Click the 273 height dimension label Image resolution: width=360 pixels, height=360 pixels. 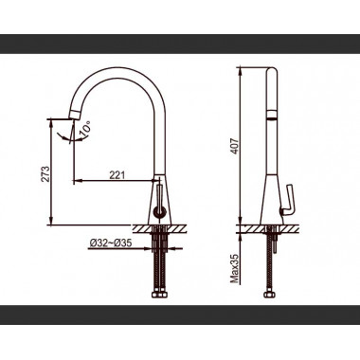[45, 173]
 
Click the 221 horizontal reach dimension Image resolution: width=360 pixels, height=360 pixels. [117, 175]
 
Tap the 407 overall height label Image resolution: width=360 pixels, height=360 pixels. [235, 146]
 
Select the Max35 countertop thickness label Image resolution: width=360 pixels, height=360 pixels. [234, 269]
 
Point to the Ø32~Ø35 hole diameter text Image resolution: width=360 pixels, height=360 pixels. [111, 243]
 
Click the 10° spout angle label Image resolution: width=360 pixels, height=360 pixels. [85, 130]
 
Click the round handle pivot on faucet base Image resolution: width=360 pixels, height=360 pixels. [158, 211]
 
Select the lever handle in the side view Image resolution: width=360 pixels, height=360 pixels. [289, 201]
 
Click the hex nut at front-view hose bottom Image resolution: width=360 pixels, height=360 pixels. [159, 295]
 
